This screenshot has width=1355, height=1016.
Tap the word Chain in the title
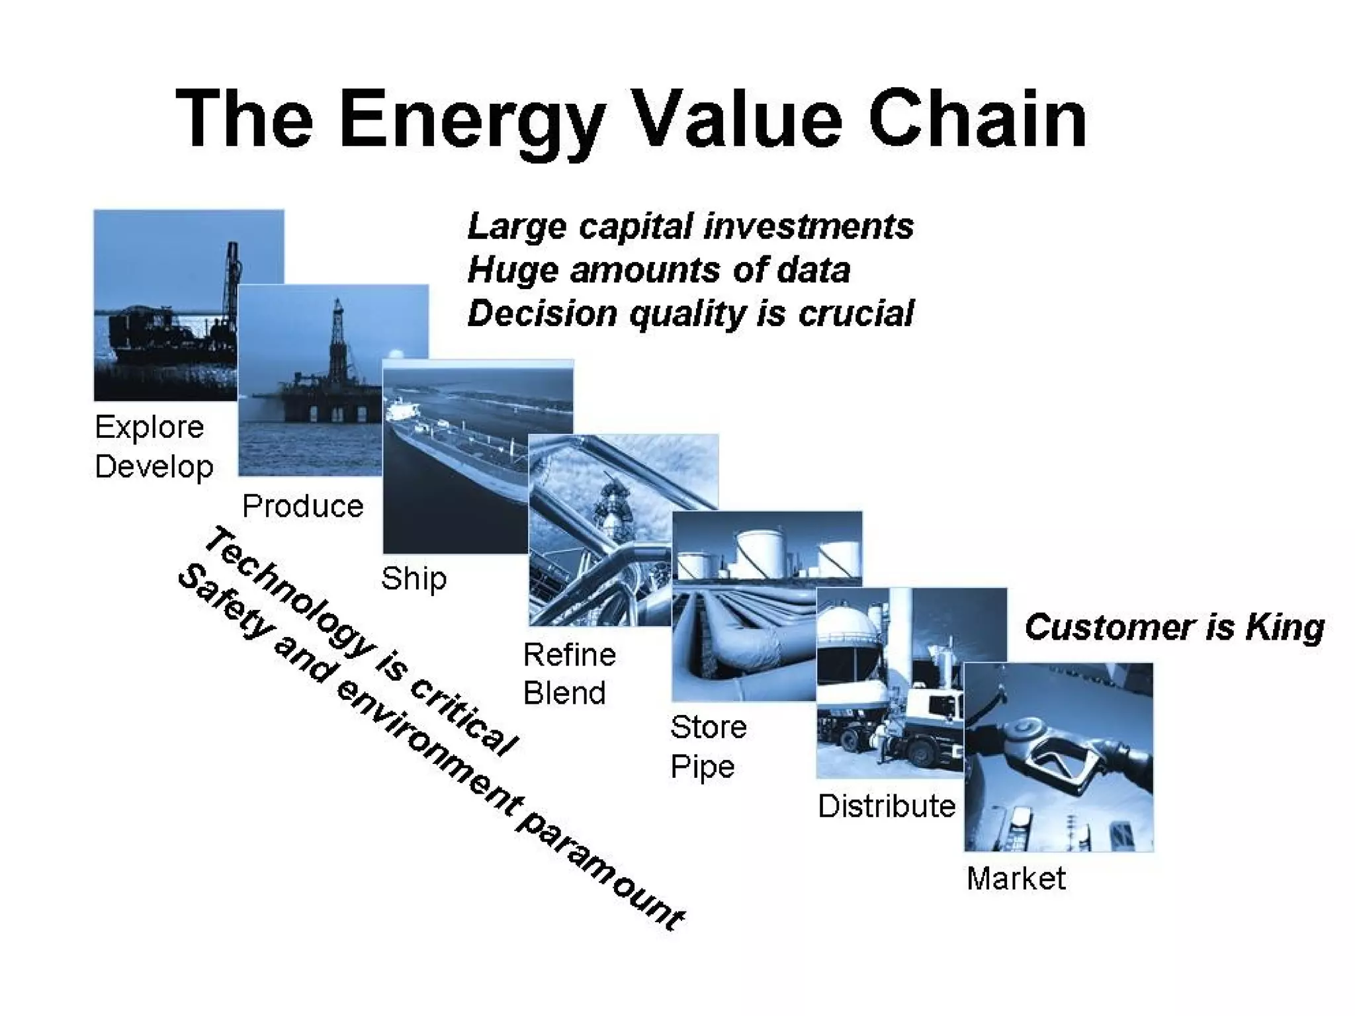(977, 119)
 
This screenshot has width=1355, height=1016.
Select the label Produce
(302, 507)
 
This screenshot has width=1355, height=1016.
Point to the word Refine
(569, 656)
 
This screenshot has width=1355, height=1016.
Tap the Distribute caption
(886, 806)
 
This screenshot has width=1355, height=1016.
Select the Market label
(1016, 879)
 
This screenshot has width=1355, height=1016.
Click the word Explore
(149, 427)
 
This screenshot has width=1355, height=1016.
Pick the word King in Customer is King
(1284, 627)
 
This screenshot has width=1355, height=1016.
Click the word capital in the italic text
(635, 227)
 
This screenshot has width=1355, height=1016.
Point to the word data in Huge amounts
(813, 271)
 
